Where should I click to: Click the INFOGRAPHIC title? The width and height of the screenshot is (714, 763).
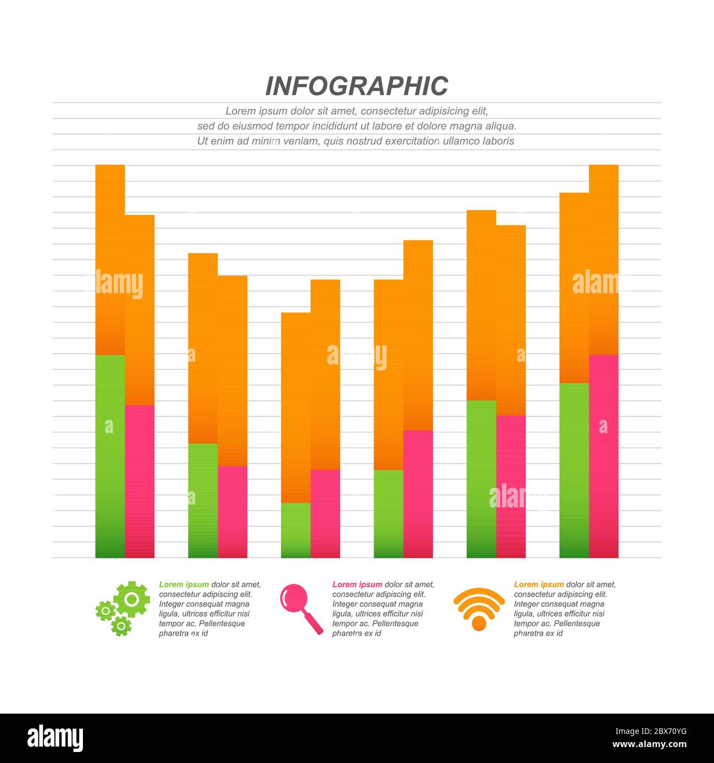tap(356, 86)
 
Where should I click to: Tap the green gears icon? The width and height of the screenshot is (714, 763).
tap(122, 608)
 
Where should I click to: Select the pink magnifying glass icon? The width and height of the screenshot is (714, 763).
tap(300, 608)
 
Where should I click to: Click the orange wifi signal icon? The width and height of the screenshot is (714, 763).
tap(479, 608)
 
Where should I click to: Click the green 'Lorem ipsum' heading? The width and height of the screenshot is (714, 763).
tap(184, 585)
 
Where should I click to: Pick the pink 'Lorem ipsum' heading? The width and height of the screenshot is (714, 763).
tap(357, 585)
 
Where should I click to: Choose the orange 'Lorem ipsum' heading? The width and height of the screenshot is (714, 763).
tap(539, 585)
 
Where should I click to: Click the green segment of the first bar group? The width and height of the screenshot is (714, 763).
tap(110, 456)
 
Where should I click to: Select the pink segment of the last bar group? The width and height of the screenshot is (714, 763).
tap(604, 456)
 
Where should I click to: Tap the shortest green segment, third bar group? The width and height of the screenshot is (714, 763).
tap(295, 530)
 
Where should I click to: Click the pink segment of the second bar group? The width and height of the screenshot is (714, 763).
tap(232, 512)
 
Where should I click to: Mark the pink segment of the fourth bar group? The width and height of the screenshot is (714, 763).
tap(418, 494)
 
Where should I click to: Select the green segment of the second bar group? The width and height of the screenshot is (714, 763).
tap(203, 500)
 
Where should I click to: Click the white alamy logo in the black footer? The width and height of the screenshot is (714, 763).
tap(55, 738)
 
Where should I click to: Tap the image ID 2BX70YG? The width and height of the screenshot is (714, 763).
tap(651, 732)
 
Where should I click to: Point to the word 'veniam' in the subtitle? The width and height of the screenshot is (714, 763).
tap(302, 141)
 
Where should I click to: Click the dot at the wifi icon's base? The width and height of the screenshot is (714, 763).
tap(479, 623)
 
